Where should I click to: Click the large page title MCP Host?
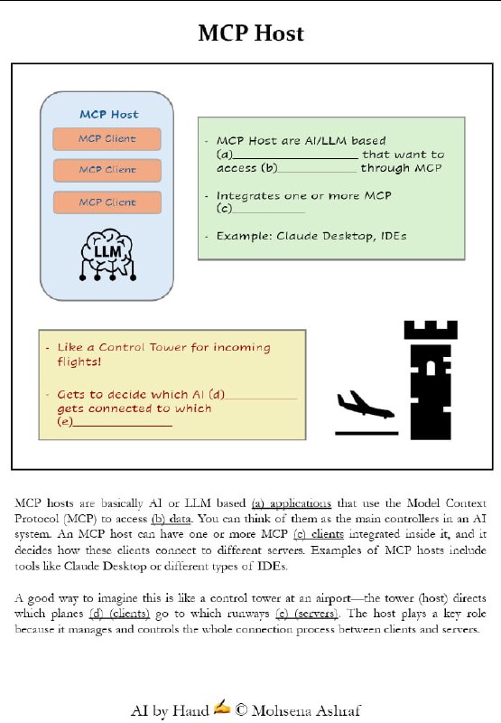coord(250,34)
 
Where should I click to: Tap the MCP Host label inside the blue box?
coord(108,115)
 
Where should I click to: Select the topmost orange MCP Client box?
coord(107,139)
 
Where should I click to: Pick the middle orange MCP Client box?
coord(107,170)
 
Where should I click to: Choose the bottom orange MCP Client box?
coord(107,202)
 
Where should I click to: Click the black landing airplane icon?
coord(365,406)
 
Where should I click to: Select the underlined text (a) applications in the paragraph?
coord(291,503)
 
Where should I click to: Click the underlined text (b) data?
coord(170,519)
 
